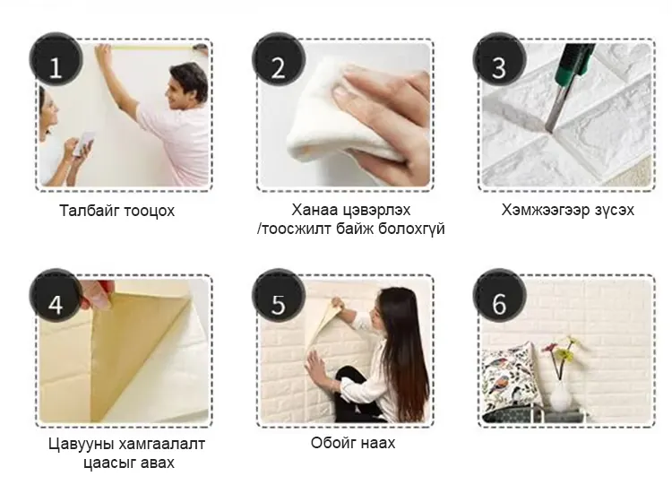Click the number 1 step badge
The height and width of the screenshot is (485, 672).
click(x=56, y=59)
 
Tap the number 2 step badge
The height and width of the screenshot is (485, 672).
click(x=279, y=59)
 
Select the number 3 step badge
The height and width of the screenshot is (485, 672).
click(x=499, y=59)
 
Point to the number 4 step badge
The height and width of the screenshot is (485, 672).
click(x=56, y=296)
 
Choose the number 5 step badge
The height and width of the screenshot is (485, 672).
click(x=279, y=296)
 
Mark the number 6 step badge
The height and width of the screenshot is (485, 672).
click(x=499, y=296)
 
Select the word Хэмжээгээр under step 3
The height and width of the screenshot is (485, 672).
click(x=545, y=210)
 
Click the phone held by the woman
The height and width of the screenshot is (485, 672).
click(x=84, y=143)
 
